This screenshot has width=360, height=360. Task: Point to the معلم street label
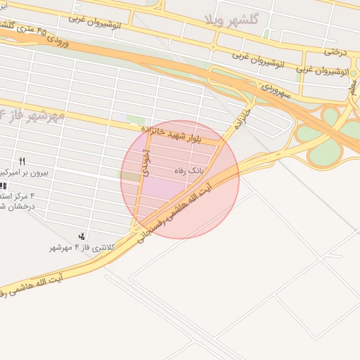[353, 85]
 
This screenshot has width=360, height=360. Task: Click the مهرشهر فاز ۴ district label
[32, 114]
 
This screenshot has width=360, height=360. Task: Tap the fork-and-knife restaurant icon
[22, 162]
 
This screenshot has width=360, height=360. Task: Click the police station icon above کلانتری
[82, 236]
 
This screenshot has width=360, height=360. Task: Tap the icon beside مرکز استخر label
[3, 186]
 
